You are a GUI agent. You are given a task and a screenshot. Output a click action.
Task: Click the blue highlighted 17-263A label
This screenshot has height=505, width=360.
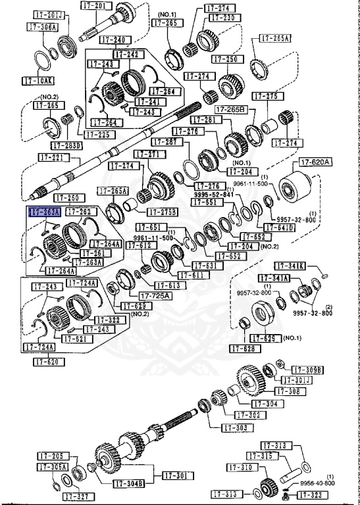(x=45, y=212)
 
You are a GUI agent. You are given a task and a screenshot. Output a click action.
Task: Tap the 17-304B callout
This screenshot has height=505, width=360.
(x=128, y=484)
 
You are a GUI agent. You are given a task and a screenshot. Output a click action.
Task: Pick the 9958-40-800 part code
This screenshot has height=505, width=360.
(x=317, y=483)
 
